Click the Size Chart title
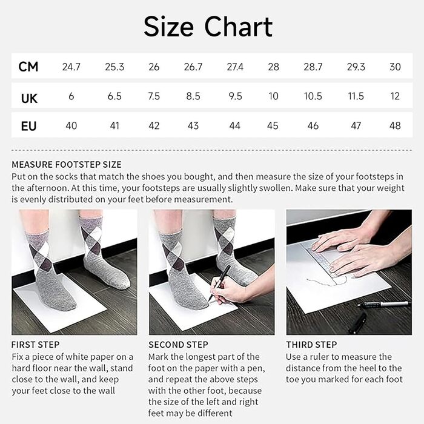click(x=208, y=27)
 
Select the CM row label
click(x=28, y=67)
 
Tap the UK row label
click(x=29, y=97)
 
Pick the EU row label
click(x=29, y=126)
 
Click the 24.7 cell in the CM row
click(x=71, y=67)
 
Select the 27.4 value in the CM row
click(x=234, y=67)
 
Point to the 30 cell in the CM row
click(x=395, y=67)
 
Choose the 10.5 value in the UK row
click(x=313, y=97)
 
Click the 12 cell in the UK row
click(x=395, y=97)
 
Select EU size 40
click(x=71, y=126)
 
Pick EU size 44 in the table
click(x=234, y=126)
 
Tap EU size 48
click(x=395, y=126)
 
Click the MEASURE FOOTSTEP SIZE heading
click(x=66, y=164)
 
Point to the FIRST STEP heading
click(x=35, y=345)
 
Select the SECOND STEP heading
click(x=178, y=345)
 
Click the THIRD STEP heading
click(x=311, y=345)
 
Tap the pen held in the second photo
click(x=219, y=282)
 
